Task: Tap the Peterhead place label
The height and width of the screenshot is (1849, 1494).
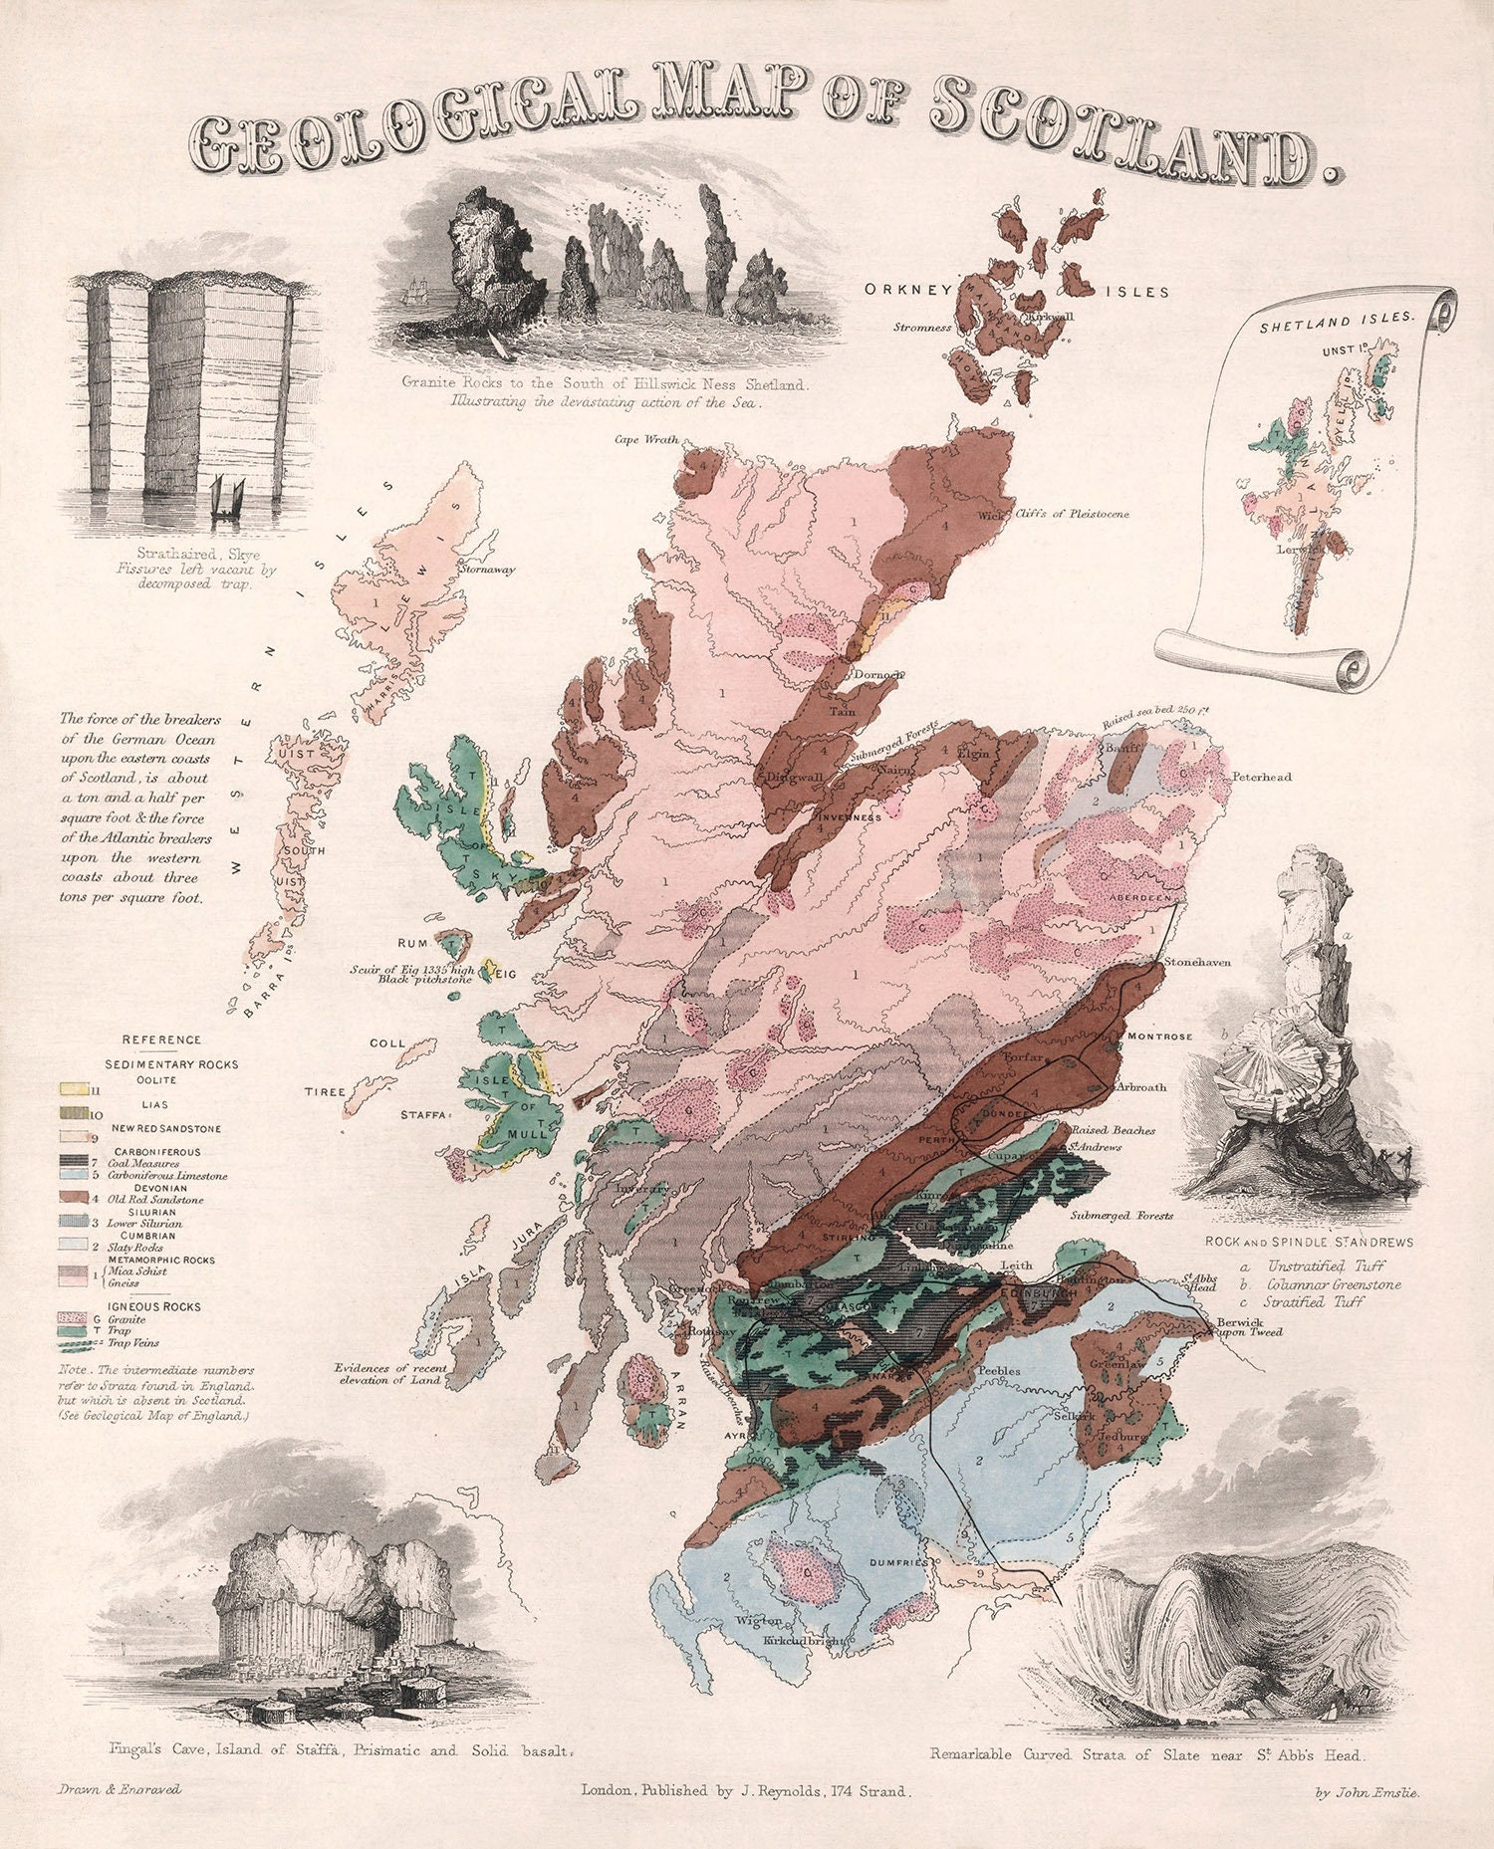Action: click(x=1261, y=777)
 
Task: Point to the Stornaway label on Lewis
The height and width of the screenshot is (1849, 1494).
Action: click(x=487, y=571)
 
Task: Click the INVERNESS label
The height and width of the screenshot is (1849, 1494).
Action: click(x=850, y=817)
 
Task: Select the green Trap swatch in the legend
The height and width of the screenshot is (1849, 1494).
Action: click(x=72, y=1330)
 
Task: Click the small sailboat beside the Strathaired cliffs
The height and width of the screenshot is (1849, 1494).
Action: click(x=229, y=498)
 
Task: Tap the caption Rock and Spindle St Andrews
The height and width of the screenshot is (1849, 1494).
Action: click(x=1309, y=1242)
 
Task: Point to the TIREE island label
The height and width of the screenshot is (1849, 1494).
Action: click(x=325, y=1091)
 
